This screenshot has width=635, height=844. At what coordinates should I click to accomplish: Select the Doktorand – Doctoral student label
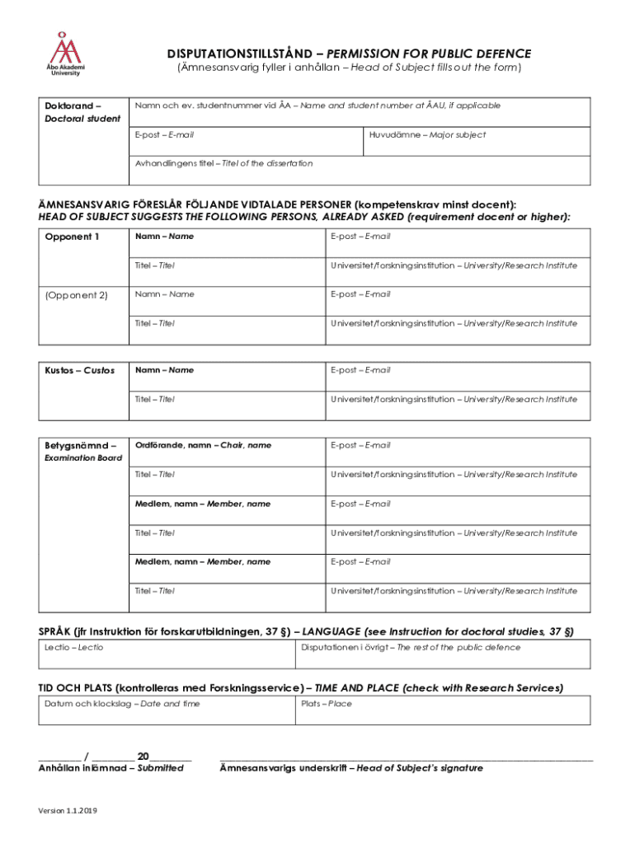pyautogui.click(x=81, y=112)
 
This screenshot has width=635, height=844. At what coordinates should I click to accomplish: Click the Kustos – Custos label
pyautogui.click(x=79, y=370)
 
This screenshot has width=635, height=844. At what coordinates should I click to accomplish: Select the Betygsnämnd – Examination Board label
pyautogui.click(x=82, y=451)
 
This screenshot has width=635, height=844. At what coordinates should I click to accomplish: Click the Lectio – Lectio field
pyautogui.click(x=165, y=654)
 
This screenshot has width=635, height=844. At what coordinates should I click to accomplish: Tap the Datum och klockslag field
pyautogui.click(x=165, y=710)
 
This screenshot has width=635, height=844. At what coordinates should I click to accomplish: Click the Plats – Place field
pyautogui.click(x=442, y=710)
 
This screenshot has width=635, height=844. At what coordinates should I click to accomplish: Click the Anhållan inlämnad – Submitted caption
pyautogui.click(x=111, y=768)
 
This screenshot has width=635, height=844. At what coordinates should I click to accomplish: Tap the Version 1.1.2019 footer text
pyautogui.click(x=68, y=811)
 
